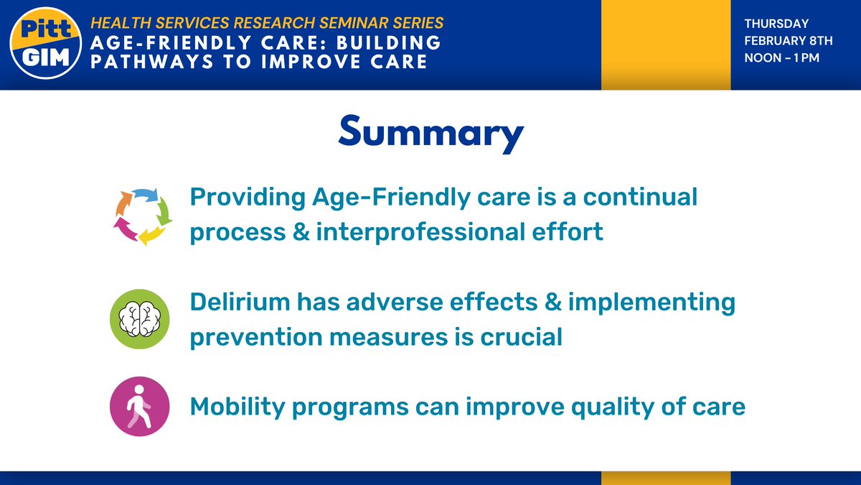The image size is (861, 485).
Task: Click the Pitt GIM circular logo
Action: (45, 45)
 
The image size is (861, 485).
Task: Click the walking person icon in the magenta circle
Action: (139, 407)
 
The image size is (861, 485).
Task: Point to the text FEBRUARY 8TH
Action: (788, 42)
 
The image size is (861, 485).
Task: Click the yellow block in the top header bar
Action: (666, 45)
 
